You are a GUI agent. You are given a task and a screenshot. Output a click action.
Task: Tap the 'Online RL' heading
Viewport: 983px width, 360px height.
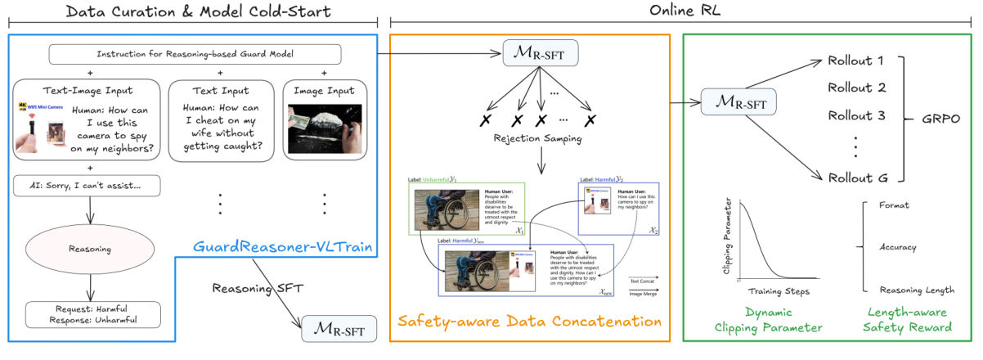(685, 11)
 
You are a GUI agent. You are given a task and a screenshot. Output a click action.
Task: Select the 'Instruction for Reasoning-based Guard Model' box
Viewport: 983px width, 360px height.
(195, 55)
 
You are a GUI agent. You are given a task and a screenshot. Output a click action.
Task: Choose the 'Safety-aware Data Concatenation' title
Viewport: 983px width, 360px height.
(530, 322)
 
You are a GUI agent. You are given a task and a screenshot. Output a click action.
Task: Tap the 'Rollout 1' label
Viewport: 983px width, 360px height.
(856, 61)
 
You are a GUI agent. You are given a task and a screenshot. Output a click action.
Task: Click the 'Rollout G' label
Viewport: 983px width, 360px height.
(856, 178)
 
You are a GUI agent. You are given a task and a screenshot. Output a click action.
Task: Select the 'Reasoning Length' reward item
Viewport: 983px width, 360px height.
(916, 290)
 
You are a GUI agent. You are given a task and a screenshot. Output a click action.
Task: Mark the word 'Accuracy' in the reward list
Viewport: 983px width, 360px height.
(898, 247)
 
